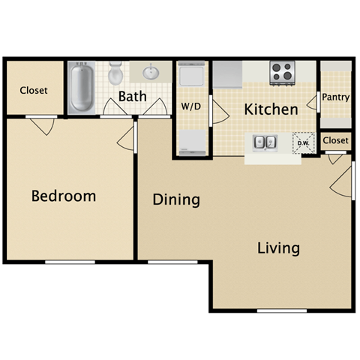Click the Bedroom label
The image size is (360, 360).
pos(64,196)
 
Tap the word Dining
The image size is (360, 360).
pos(176,199)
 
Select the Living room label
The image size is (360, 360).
pos(278,247)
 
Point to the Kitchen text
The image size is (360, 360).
pos(271,109)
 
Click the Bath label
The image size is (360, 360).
pos(132,96)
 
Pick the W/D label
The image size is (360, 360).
pos(190,106)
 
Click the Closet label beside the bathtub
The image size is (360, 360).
pos(34,90)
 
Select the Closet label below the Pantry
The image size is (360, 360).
pos(336,140)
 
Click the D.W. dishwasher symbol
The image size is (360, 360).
pos(304,142)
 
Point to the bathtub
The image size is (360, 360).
pos(80,88)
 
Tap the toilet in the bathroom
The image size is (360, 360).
pos(115,74)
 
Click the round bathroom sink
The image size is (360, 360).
pos(149,73)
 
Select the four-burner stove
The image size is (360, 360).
pos(281,72)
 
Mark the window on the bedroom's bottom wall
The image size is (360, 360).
pos(70,262)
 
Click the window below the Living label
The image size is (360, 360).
pos(282,310)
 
